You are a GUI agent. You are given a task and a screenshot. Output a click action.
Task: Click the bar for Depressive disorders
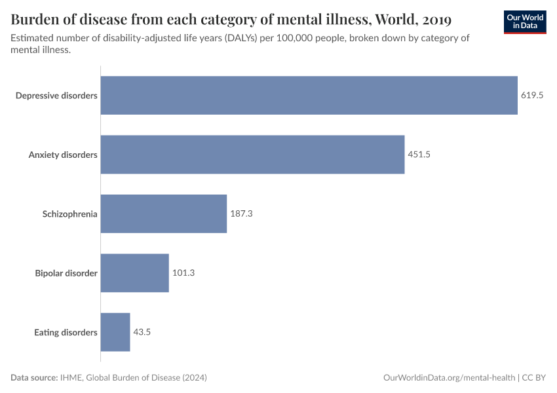click(x=309, y=96)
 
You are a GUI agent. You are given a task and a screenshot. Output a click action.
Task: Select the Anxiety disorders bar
click(x=252, y=155)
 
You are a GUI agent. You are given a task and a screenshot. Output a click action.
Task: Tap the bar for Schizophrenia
click(x=163, y=214)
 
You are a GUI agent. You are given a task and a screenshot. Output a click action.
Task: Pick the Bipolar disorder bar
click(x=134, y=273)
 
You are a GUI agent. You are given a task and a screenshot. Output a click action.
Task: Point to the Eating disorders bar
click(x=115, y=332)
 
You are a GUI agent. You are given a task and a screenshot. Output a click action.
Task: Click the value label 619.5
click(x=532, y=96)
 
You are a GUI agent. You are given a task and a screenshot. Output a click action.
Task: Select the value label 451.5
click(x=419, y=155)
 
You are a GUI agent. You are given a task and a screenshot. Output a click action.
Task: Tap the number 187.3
click(x=242, y=214)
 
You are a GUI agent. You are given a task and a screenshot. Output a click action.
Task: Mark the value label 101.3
click(x=183, y=273)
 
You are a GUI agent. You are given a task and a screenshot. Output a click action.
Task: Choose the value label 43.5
click(x=142, y=332)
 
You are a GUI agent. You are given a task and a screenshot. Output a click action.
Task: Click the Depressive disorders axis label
click(x=56, y=96)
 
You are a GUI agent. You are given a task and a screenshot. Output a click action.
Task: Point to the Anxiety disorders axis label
click(x=63, y=155)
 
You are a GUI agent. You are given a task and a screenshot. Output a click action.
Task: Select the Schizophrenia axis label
click(x=69, y=214)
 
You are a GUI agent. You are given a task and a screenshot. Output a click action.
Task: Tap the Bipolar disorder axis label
click(x=66, y=273)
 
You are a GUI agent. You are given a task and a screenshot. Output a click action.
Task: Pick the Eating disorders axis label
click(x=66, y=332)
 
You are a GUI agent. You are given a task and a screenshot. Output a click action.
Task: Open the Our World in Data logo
click(x=525, y=22)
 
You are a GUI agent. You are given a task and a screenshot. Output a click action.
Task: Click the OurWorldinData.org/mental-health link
click(x=448, y=378)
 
